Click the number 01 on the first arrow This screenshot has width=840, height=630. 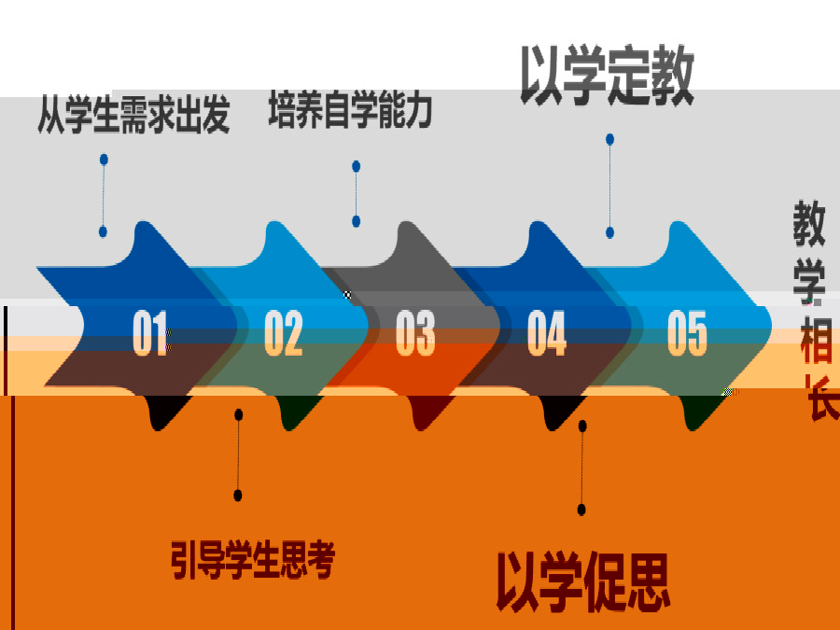point(150,332)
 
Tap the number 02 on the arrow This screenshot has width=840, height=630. point(284,332)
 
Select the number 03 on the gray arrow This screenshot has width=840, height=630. point(415,332)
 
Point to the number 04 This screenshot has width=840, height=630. point(546,332)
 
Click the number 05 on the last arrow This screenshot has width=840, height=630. point(687,332)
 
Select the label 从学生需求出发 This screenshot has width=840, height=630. point(133,114)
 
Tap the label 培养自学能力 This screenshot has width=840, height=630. point(350,109)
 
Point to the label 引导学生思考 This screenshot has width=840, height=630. point(253,560)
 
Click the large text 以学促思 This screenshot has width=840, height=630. point(582,581)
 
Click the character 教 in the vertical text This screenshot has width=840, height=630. point(809,223)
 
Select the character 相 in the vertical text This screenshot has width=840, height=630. point(816,341)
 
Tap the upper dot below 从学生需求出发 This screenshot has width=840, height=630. point(104,159)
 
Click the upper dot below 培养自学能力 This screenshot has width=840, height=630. point(357,166)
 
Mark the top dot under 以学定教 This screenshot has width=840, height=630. point(609,139)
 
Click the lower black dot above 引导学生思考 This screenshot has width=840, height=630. point(238,495)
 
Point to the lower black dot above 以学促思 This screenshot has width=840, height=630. point(581,509)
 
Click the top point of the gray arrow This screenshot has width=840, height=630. point(407,221)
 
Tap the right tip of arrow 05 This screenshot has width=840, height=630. point(771,326)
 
